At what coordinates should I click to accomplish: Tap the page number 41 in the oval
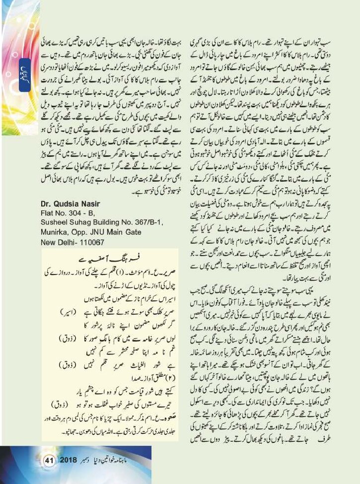49,461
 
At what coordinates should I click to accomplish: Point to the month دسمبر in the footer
91,461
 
